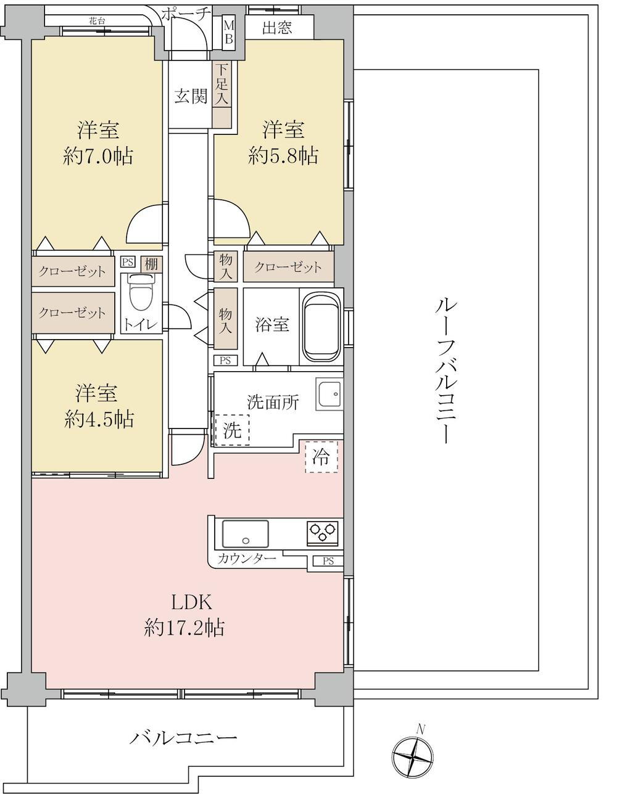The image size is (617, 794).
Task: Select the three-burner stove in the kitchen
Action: coord(323,533)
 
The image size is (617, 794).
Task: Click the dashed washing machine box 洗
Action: coord(232,430)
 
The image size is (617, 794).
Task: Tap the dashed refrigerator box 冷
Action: coord(321,457)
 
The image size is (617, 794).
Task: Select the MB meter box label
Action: coord(229,32)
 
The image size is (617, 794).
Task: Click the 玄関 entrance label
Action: coord(191,96)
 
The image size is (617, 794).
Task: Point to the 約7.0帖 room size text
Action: coord(97,157)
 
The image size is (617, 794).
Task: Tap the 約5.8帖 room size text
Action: coord(283,157)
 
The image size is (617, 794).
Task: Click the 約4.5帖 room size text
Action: coord(98,419)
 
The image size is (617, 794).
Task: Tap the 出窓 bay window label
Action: coord(277,27)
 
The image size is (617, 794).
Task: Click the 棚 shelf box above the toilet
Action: coord(151,264)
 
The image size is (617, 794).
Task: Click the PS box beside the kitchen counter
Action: coord(328,561)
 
